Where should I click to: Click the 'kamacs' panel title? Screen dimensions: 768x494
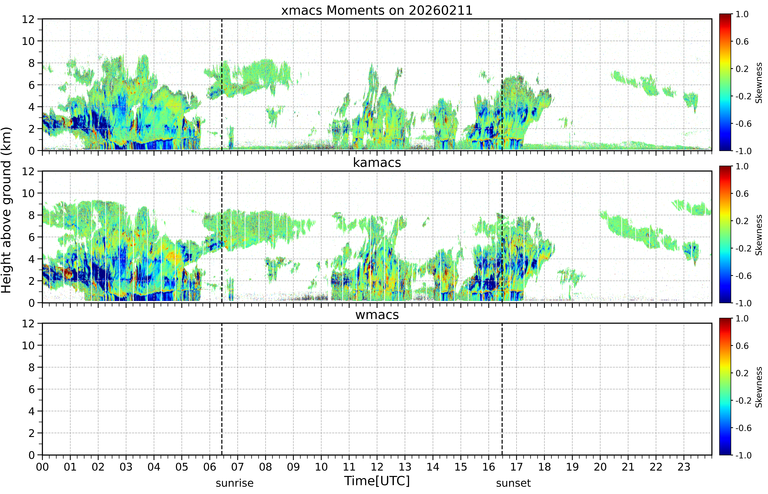[x=377, y=163]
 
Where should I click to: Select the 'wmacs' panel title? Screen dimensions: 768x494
[x=377, y=315]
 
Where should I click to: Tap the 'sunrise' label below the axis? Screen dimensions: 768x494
[x=235, y=483]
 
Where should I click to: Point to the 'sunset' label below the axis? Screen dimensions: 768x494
[x=513, y=483]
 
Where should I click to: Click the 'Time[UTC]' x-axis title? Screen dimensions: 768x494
[x=377, y=481]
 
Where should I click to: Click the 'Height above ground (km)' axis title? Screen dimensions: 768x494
[x=6, y=210]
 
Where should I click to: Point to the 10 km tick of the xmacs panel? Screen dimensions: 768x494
[x=28, y=41]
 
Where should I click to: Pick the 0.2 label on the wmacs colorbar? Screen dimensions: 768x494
[x=742, y=373]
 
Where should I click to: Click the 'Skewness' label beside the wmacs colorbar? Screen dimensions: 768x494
[x=759, y=387]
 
